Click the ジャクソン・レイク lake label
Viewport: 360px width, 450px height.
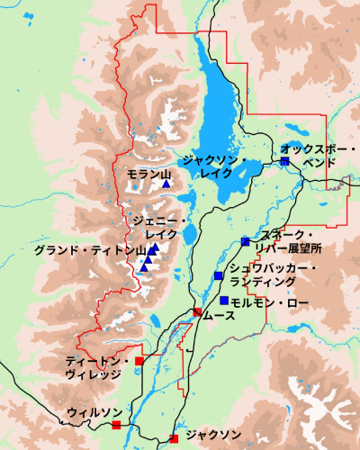click(213, 166)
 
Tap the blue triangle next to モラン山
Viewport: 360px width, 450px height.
click(166, 184)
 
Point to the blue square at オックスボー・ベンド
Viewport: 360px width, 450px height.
click(284, 161)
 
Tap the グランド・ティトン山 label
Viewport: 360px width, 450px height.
click(89, 249)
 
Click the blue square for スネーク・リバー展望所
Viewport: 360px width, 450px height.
click(245, 241)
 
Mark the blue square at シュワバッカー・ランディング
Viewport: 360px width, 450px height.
click(218, 275)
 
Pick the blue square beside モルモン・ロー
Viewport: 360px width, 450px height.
click(223, 301)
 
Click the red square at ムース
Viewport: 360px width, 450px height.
click(197, 312)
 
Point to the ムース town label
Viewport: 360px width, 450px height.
click(218, 317)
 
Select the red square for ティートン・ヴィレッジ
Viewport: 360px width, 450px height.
click(139, 362)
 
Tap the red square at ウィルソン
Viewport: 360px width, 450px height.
click(116, 424)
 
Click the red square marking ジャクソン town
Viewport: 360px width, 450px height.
click(173, 439)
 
